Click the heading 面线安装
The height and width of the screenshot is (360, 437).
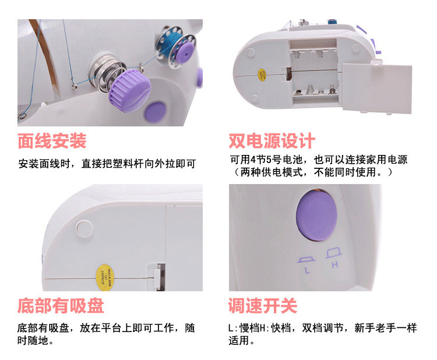[52, 141]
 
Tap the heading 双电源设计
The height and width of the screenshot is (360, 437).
[272, 141]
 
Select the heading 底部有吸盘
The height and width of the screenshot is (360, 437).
[61, 306]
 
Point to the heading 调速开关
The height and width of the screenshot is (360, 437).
[263, 306]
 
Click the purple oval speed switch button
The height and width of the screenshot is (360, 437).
[316, 216]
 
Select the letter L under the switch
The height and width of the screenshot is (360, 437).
[307, 270]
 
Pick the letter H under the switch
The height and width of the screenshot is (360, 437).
[335, 264]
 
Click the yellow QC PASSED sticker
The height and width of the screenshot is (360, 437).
[104, 277]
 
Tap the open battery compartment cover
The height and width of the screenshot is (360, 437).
[377, 89]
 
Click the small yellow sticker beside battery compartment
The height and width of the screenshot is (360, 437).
[262, 75]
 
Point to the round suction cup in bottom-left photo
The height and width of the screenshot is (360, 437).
[84, 228]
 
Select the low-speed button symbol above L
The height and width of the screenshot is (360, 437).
[306, 260]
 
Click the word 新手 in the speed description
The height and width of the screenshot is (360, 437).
[365, 328]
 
